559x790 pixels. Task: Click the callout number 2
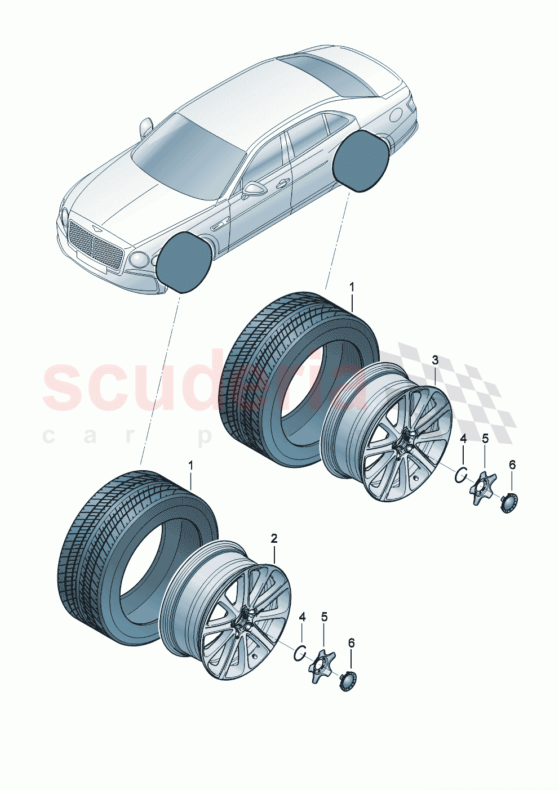click(x=274, y=538)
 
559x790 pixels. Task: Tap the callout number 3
click(x=435, y=360)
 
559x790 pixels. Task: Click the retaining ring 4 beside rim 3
click(x=460, y=474)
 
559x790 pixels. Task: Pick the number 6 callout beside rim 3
click(x=512, y=465)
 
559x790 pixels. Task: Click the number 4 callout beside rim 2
click(x=302, y=617)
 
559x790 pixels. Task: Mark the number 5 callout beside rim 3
click(x=485, y=438)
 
